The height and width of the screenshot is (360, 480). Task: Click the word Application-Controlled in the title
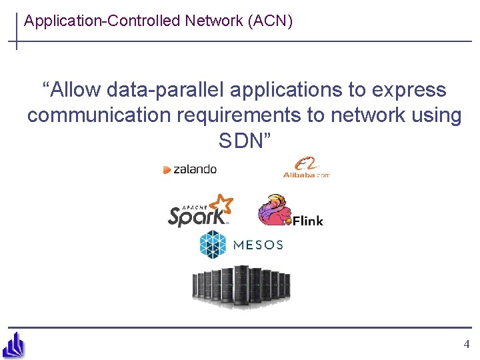pos(102,21)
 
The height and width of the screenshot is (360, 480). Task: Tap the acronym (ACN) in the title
pos(269,21)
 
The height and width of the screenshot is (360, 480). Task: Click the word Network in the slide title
pos(214,21)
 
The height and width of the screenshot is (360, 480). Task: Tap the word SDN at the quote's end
pos(241,141)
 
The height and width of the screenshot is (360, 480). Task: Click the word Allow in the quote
pos(72,90)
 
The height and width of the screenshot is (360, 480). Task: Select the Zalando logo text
pos(195,169)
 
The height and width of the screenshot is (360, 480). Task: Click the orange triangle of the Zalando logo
pos(167,170)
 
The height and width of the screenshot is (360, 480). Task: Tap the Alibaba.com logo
pos(306,167)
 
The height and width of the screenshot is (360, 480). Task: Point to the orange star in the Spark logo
pos(221,204)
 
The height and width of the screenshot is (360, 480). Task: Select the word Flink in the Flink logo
pos(307,220)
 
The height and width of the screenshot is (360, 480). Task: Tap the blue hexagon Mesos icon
pos(213,245)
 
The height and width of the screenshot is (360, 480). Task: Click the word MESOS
pos(258,245)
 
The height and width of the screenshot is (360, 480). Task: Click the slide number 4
pos(466,345)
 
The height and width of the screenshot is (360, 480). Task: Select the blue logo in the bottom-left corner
pos(14,345)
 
